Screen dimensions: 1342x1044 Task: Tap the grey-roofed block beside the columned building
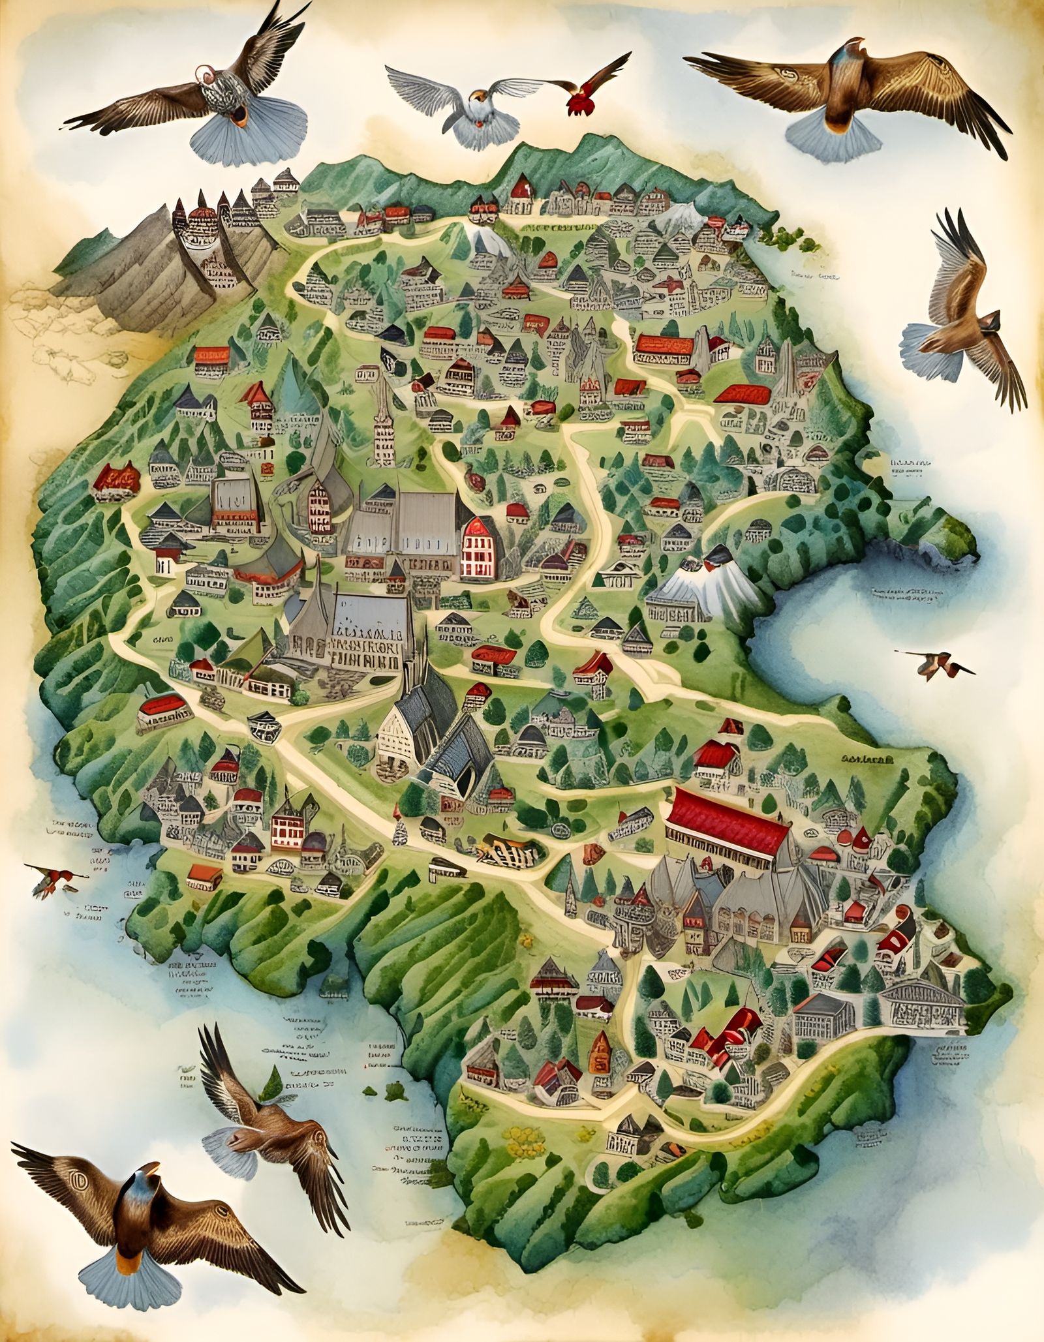[824, 1021]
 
